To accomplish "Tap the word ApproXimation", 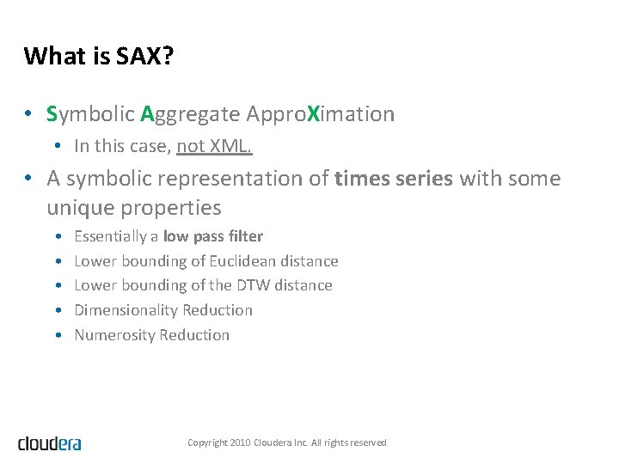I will pyautogui.click(x=320, y=114).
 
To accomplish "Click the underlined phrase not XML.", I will pyautogui.click(x=214, y=146).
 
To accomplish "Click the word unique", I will pyautogui.click(x=81, y=208).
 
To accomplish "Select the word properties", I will pyautogui.click(x=171, y=208).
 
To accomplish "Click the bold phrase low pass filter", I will pyautogui.click(x=212, y=236).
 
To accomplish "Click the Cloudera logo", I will pyautogui.click(x=50, y=443).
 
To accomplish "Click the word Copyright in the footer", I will pyautogui.click(x=208, y=443).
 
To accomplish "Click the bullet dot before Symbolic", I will pyautogui.click(x=29, y=114).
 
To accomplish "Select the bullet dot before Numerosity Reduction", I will pyautogui.click(x=57, y=335).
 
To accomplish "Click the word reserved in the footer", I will pyautogui.click(x=368, y=443).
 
